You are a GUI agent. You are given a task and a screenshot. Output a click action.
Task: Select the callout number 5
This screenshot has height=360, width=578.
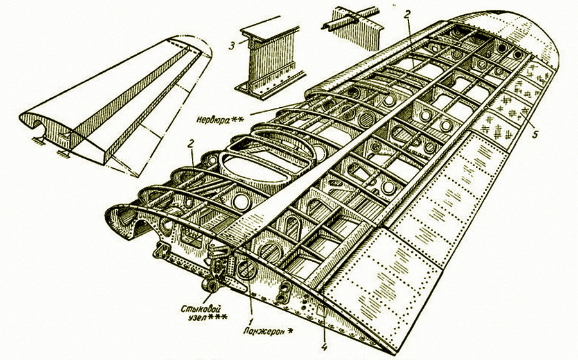click(534, 137)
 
